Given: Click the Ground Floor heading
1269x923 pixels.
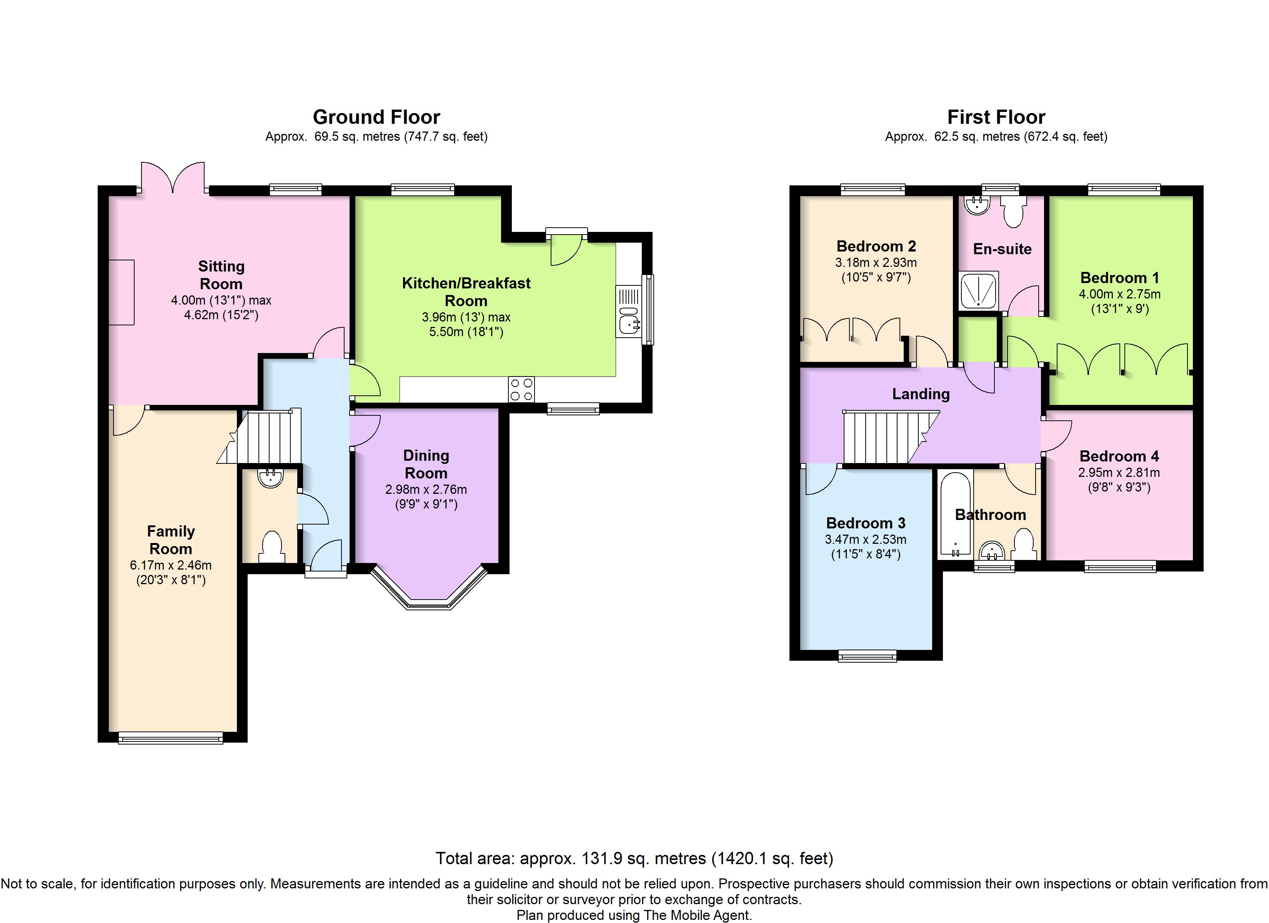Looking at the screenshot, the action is pos(376,117).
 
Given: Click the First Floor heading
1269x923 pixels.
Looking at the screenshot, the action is pos(996,117).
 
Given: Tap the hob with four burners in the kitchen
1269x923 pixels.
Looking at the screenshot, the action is pos(521,389).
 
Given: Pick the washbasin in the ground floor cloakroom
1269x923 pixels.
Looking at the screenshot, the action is pos(271,477).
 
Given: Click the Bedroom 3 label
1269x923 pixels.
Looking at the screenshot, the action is pos(866,523).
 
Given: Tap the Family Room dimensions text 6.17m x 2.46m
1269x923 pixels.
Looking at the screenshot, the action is pos(171,565).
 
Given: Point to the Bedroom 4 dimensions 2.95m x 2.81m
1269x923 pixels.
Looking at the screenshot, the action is pos(1119,472).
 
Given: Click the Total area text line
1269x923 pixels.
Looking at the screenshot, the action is pos(634,858).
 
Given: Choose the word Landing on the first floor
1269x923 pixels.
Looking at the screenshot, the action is pos(921,395).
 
